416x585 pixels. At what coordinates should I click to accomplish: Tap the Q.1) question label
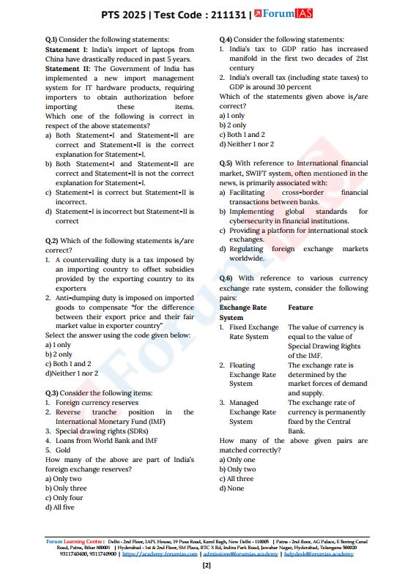point(51,40)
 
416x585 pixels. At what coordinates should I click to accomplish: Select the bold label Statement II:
point(67,68)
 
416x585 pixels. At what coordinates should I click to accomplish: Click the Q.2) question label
point(51,240)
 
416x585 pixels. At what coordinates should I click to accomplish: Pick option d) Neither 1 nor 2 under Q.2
point(71,373)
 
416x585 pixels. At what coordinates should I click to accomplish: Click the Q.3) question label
point(51,393)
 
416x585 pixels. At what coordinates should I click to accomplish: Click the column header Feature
point(300,308)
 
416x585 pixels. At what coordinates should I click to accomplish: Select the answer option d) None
point(232,488)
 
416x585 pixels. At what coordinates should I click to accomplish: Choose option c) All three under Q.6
point(237,479)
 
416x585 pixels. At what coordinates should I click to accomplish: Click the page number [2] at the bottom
point(207,565)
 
